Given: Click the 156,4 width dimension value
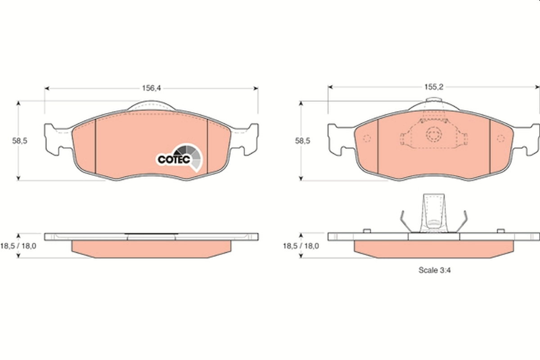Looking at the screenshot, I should pos(152,88).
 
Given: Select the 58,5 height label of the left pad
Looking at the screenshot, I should pos(20,140).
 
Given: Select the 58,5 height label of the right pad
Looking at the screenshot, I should pos(302,140).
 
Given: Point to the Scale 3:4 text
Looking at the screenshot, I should pos(435,270).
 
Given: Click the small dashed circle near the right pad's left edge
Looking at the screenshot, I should pos(366,139).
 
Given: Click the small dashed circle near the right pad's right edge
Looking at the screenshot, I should pos(500,139).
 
